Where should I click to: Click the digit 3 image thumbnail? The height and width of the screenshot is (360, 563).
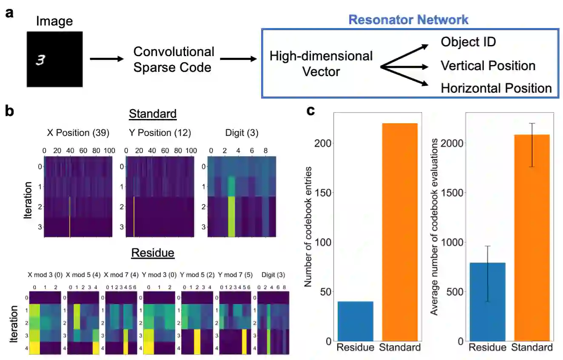[x=55, y=59]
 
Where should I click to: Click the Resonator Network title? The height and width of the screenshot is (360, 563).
[x=408, y=20]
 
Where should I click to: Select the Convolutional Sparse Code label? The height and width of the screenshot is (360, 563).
[x=173, y=60]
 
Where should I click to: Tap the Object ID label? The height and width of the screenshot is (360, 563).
[x=468, y=42]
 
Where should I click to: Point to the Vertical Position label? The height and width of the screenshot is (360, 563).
[x=488, y=65]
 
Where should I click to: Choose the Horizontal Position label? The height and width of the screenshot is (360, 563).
[x=496, y=88]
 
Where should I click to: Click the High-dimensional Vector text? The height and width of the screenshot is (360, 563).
[x=321, y=64]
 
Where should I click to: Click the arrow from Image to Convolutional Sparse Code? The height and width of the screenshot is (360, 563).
[x=105, y=59]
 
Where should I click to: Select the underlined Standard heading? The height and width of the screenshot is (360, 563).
[x=153, y=114]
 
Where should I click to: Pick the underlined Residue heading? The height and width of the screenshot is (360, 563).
[x=153, y=253]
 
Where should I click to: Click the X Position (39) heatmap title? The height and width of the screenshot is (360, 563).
[x=78, y=133]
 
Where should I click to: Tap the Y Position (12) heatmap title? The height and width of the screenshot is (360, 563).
[x=159, y=133]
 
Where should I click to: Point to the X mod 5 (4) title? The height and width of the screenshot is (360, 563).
[x=83, y=275]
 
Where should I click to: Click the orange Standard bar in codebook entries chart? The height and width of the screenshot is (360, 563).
[x=400, y=232]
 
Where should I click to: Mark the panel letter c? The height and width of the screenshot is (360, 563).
[x=311, y=111]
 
